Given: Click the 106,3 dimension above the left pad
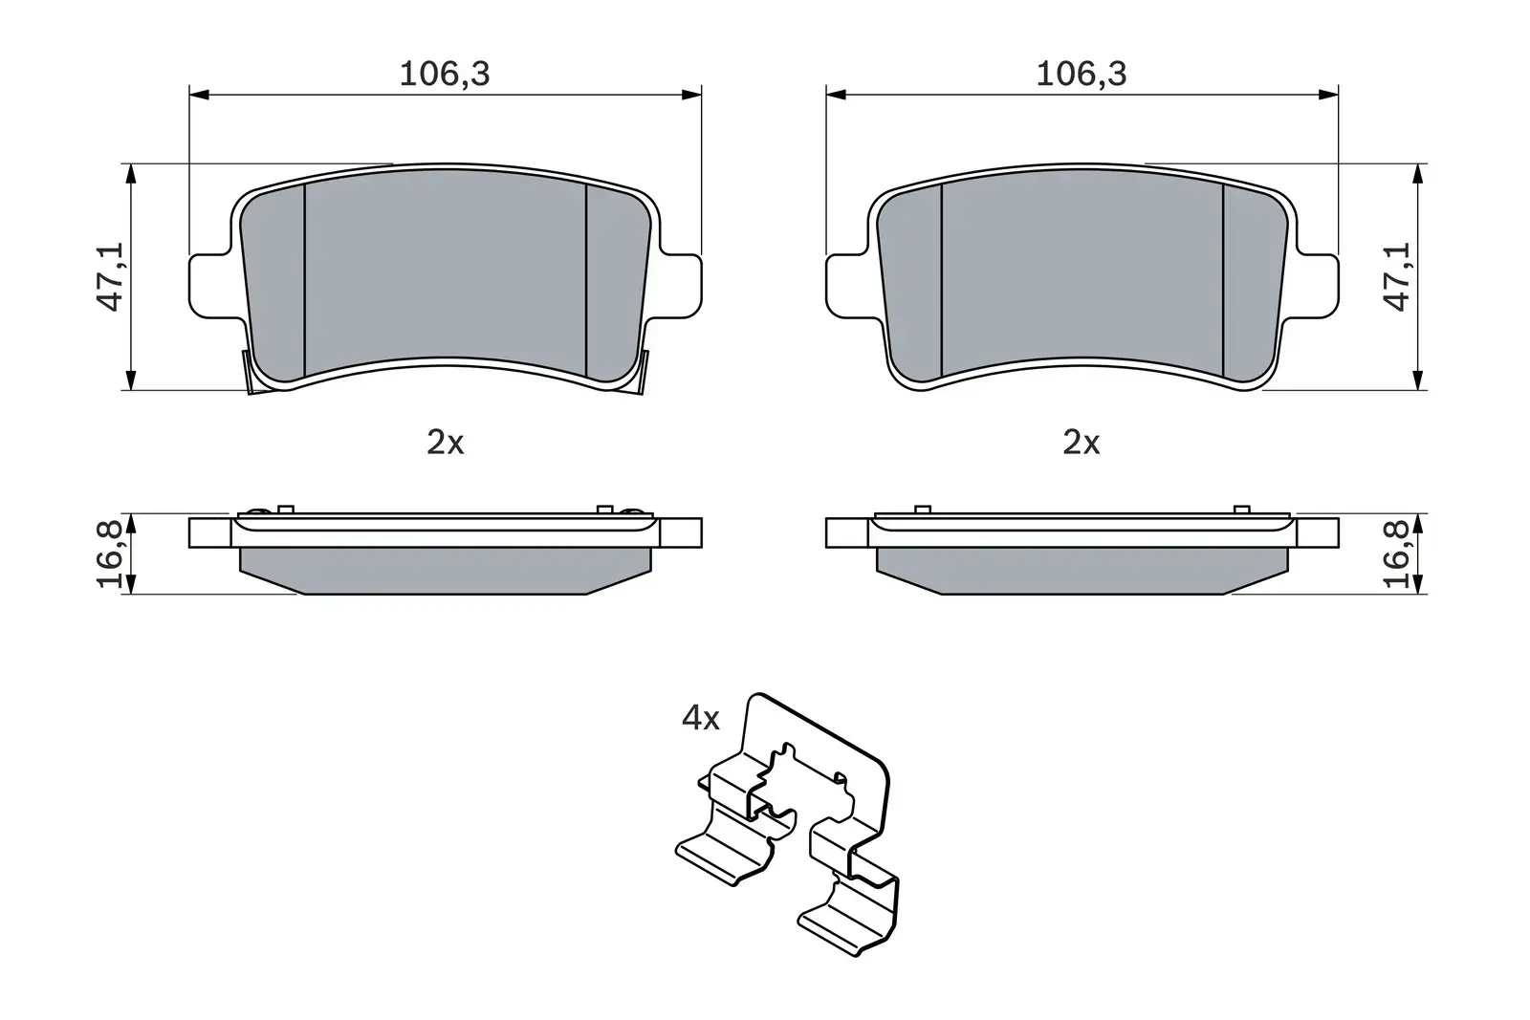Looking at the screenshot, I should point(444,74).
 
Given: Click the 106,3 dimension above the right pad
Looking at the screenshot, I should point(1082,74).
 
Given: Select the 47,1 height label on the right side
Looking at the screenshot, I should point(1398,276).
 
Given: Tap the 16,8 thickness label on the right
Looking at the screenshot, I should point(1398,553).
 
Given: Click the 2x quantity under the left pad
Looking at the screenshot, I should point(445,443).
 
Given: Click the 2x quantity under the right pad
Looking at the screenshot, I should point(1082,443).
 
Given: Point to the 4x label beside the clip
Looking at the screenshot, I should point(700,718).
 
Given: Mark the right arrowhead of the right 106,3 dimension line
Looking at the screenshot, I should point(1328,95).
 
